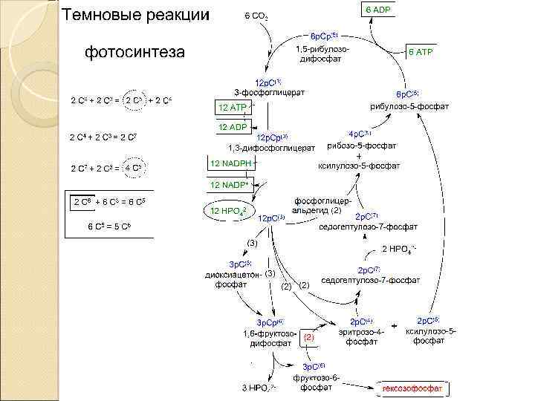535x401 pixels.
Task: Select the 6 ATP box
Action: pos(424,53)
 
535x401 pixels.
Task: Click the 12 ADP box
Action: pos(233,128)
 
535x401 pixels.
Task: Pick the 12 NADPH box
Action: pos(231,163)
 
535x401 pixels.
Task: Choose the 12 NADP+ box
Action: pos(231,183)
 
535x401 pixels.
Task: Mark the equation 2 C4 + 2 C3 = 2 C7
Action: pos(100,138)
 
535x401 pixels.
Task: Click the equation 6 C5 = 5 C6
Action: pos(109,225)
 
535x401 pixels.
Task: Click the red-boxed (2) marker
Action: pos(309,338)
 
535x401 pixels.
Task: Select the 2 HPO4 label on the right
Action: pos(402,250)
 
